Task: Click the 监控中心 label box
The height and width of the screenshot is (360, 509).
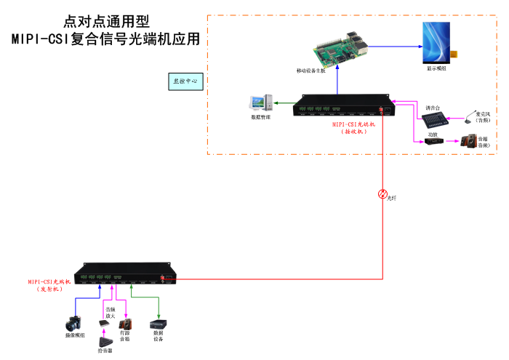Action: [184, 81]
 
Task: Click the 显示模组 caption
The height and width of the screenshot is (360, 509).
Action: [437, 68]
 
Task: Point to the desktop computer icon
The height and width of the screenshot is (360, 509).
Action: [260, 104]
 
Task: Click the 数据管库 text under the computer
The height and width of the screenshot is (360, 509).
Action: [260, 117]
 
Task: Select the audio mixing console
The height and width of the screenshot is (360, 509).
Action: [433, 121]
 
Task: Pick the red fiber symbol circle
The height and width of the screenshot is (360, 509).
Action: [382, 194]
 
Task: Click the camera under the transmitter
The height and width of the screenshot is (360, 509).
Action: [76, 322]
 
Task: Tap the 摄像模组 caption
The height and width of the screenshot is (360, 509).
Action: [76, 335]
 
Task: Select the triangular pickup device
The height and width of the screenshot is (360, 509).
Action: [107, 341]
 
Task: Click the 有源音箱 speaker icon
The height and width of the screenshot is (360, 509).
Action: [125, 322]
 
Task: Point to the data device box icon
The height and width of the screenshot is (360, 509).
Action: [158, 324]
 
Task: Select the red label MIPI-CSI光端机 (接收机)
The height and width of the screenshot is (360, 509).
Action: [354, 128]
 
